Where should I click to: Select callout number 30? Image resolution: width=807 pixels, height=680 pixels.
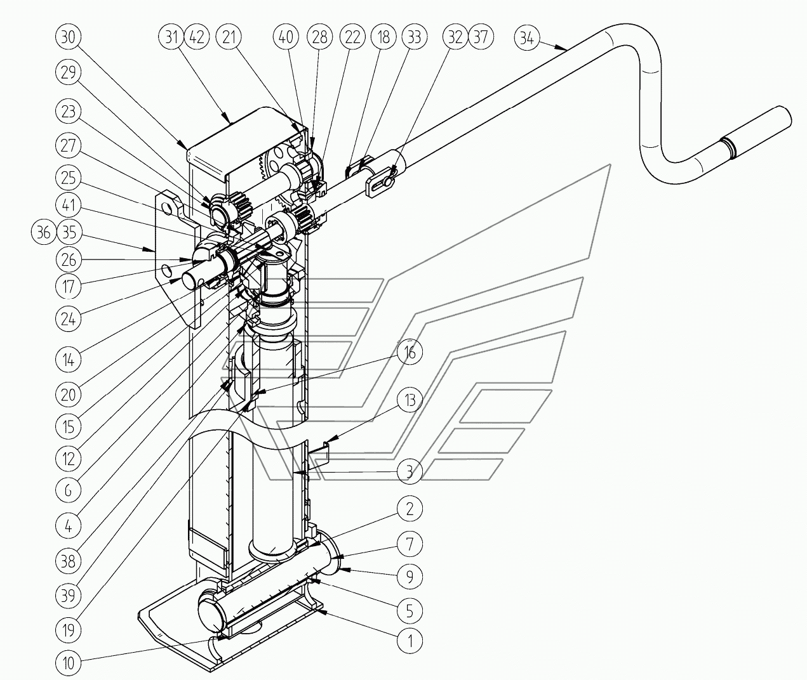click(68, 37)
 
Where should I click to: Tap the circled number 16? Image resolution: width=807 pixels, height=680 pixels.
click(410, 353)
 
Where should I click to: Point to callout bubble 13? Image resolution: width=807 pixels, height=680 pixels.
click(410, 400)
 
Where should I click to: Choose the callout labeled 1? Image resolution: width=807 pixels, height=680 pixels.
click(410, 641)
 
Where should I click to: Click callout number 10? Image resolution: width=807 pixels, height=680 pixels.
click(68, 664)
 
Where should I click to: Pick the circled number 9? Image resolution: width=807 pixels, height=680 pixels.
click(410, 576)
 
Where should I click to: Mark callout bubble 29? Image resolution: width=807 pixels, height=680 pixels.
click(68, 72)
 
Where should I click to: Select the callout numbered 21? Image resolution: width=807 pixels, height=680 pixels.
click(228, 37)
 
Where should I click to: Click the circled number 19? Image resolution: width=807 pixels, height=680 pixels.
click(68, 630)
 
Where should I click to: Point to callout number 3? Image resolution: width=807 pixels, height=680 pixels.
click(410, 471)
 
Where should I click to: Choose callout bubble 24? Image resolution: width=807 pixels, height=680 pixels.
click(68, 318)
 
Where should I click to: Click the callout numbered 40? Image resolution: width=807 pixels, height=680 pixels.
click(286, 37)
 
